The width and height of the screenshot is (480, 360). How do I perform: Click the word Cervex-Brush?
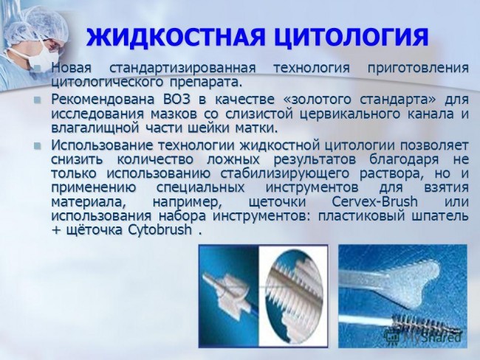point(374,202)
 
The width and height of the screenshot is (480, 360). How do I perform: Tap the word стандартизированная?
point(182,68)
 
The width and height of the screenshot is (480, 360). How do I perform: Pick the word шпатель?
point(440,216)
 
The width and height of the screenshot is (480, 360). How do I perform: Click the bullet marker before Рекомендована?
point(37,100)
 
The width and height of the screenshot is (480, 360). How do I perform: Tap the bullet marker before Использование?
point(37,145)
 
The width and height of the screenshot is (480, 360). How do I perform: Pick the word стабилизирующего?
point(284,174)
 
